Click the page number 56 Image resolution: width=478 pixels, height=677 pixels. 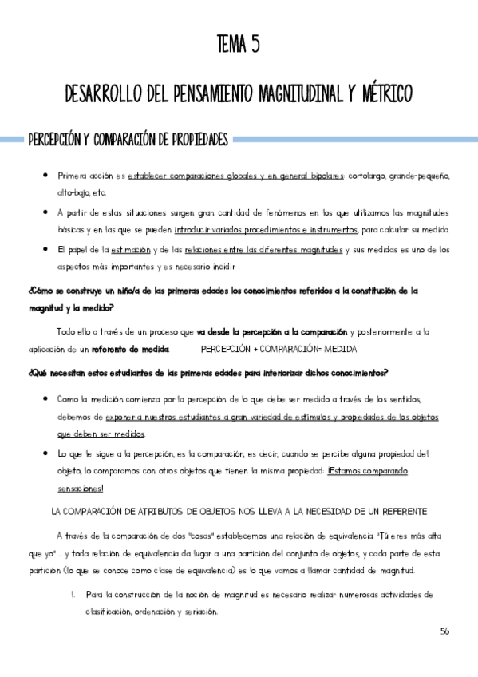[444, 631]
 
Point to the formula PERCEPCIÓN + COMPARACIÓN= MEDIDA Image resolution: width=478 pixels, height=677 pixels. [279, 350]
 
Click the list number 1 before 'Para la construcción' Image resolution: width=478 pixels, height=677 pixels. [73, 595]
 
